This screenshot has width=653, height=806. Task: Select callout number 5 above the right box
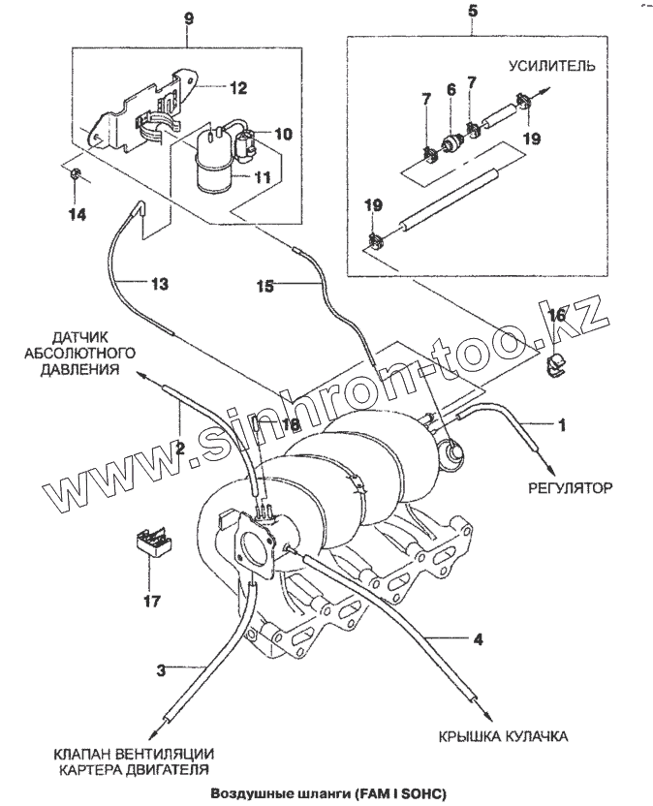tap(472, 13)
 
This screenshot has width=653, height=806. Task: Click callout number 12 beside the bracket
tap(238, 85)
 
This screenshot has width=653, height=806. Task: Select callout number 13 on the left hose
tap(158, 284)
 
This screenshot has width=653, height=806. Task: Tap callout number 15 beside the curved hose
tap(266, 286)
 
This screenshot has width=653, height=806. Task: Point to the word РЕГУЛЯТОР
tap(572, 487)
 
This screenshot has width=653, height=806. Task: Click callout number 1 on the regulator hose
tap(559, 424)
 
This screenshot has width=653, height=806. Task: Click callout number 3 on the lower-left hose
tap(162, 668)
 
